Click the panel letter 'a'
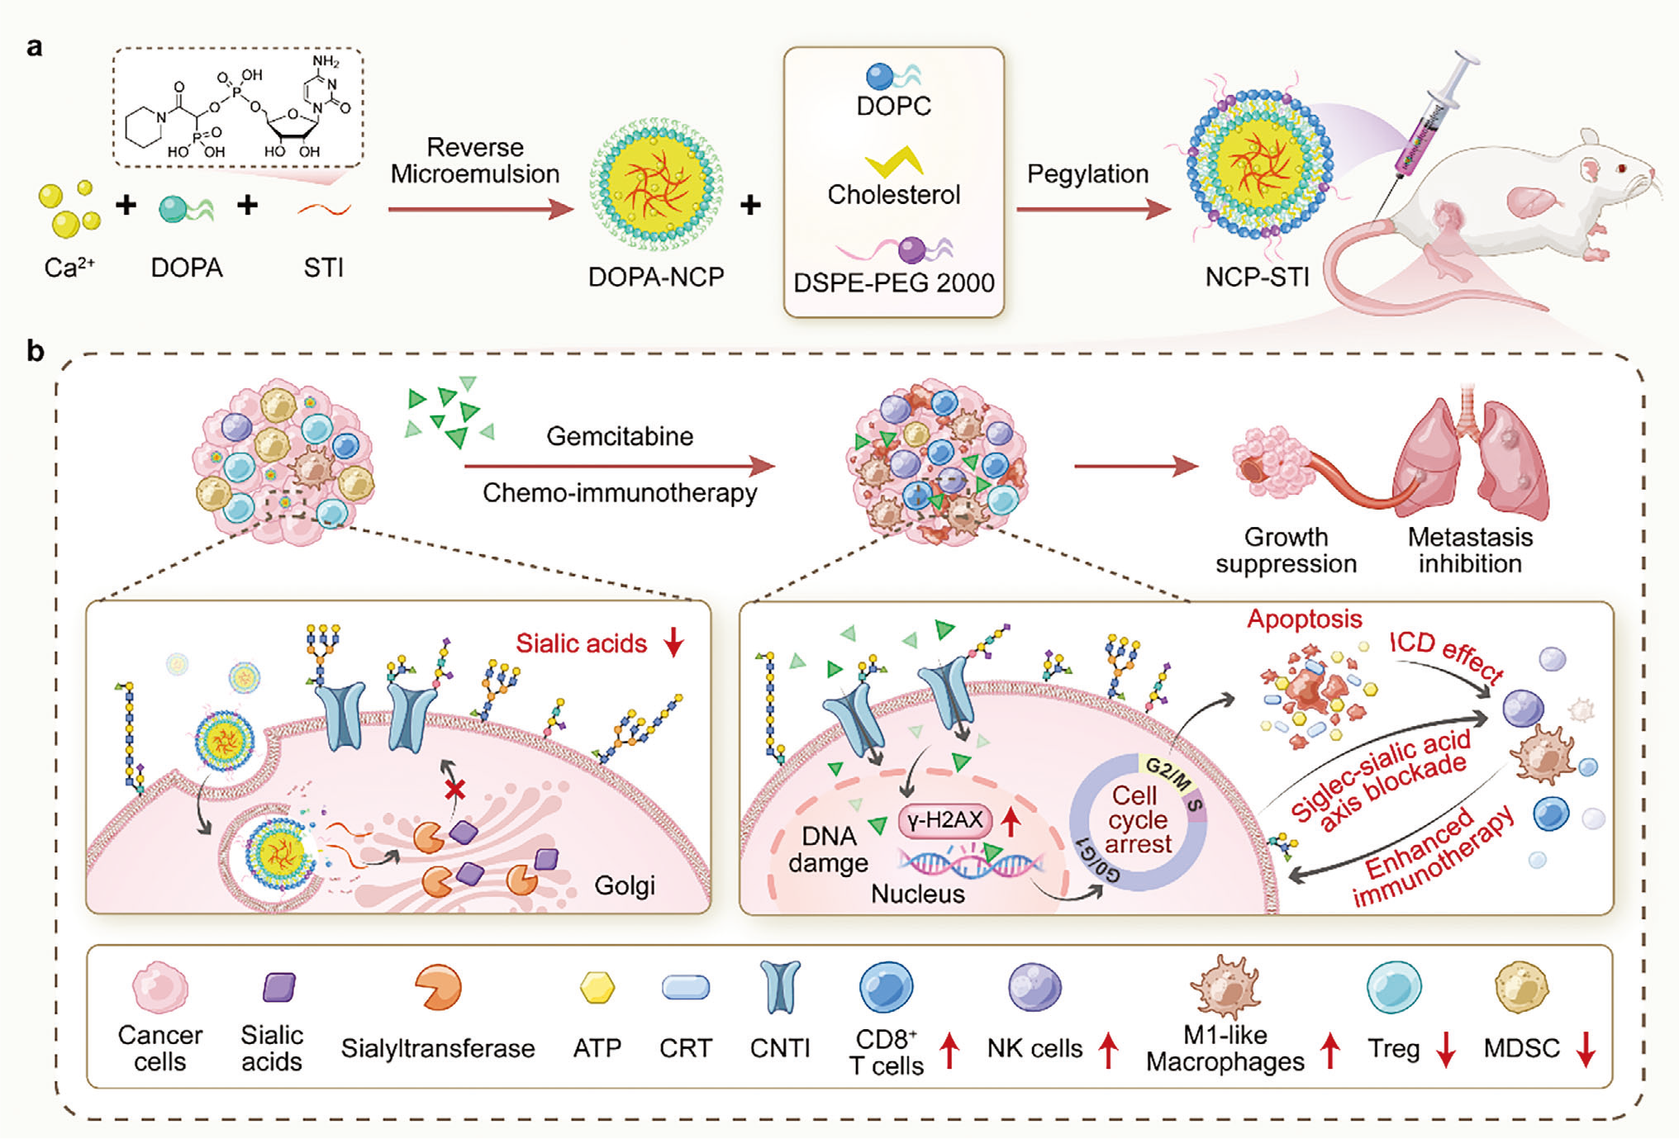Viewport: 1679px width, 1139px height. click(34, 47)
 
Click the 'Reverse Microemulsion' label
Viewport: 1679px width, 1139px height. click(474, 160)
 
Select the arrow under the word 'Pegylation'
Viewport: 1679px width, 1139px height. click(1092, 210)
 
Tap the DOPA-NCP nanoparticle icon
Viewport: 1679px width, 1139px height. click(656, 183)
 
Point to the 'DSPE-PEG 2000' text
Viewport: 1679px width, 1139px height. click(893, 283)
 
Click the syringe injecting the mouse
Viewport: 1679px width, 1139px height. click(1434, 120)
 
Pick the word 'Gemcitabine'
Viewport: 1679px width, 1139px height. click(620, 436)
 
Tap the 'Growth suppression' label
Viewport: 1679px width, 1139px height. click(1286, 550)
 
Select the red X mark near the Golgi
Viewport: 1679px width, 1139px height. click(454, 790)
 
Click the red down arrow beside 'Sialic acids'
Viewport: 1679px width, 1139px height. click(674, 642)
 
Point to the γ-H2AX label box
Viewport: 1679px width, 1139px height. click(944, 820)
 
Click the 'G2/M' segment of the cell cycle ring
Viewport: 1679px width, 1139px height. click(1167, 773)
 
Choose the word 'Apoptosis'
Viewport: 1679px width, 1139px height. click(1304, 619)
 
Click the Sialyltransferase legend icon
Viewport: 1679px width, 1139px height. click(437, 988)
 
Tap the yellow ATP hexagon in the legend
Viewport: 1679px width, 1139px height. click(597, 988)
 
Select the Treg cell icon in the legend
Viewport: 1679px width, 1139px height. click(1394, 988)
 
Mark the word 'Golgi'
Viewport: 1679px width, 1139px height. click(625, 885)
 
